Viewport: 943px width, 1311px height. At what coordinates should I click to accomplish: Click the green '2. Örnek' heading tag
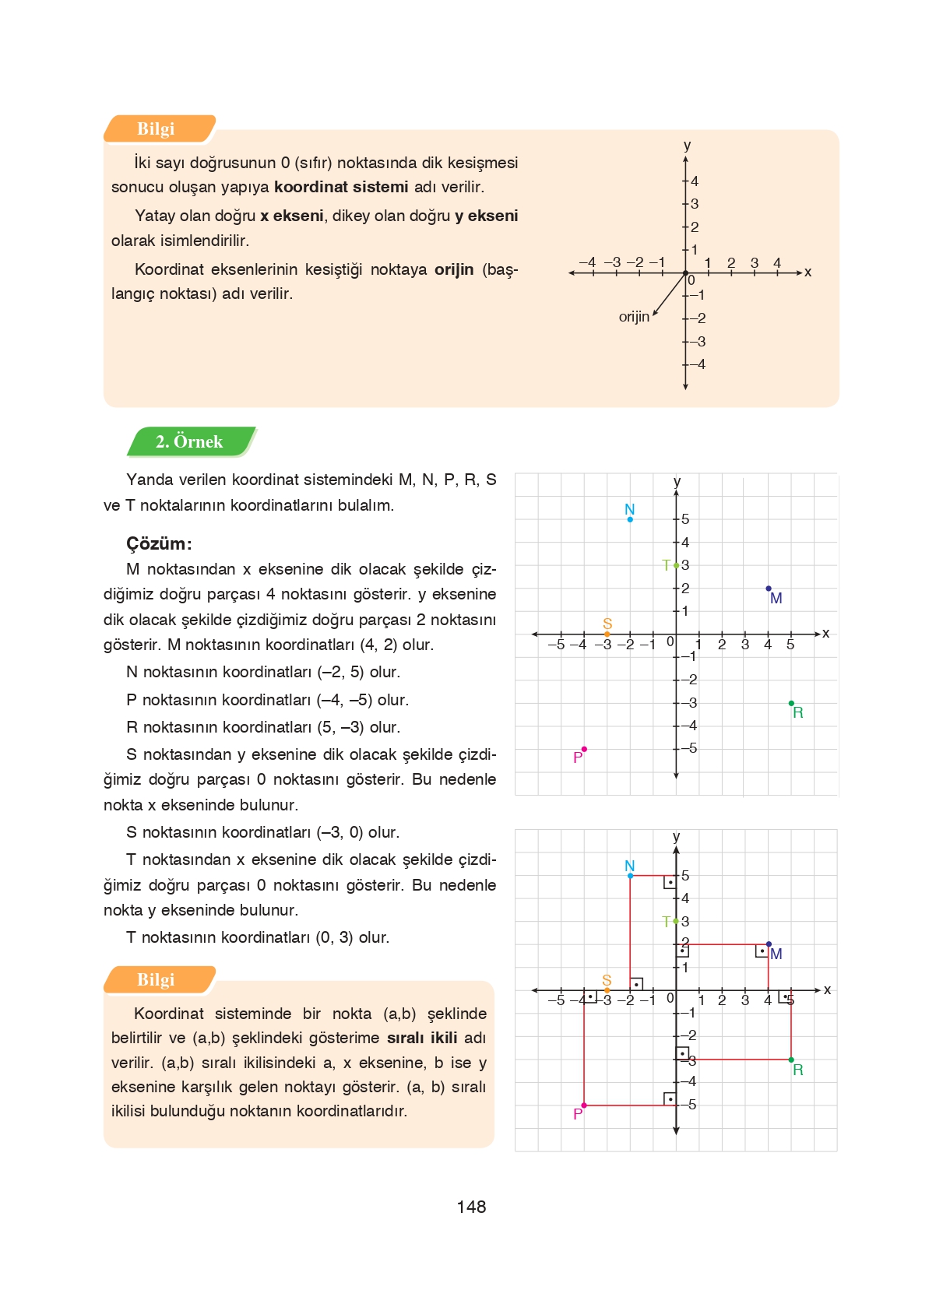(x=189, y=441)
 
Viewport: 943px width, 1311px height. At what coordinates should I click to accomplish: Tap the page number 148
(x=471, y=1207)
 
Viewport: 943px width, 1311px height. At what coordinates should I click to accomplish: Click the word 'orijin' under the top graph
(x=634, y=317)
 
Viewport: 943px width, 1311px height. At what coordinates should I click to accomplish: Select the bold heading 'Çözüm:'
(x=159, y=543)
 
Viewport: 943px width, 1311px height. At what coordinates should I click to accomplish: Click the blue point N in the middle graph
(x=630, y=519)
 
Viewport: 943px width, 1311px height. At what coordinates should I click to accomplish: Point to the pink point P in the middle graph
(x=584, y=749)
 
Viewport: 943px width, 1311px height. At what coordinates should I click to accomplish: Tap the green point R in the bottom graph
(x=791, y=1060)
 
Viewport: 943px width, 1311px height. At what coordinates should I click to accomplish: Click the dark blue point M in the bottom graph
(x=769, y=944)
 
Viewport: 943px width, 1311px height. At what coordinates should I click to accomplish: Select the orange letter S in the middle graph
(x=607, y=624)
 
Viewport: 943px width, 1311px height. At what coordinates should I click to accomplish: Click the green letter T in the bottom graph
(x=666, y=922)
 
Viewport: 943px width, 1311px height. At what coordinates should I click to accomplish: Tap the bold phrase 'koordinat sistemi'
(x=341, y=187)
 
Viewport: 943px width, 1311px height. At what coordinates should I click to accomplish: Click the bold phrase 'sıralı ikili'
(x=422, y=1038)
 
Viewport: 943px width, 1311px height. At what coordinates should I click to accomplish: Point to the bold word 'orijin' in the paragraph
(x=454, y=269)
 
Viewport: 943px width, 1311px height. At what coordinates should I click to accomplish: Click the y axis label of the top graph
(x=687, y=146)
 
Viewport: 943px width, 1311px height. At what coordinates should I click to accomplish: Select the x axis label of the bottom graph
(x=827, y=989)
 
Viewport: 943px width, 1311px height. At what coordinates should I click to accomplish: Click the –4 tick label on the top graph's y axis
(x=698, y=364)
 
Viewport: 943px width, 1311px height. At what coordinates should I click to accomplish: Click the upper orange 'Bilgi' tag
(x=156, y=129)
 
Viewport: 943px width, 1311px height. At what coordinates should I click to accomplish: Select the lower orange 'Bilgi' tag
(x=156, y=980)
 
